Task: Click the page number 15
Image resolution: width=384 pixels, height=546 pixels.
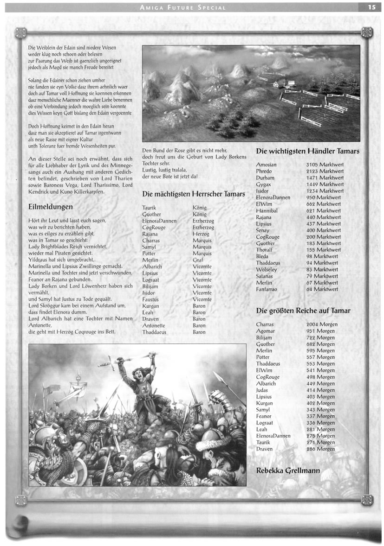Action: [x=371, y=7]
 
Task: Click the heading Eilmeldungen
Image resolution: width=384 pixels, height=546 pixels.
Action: [x=50, y=207]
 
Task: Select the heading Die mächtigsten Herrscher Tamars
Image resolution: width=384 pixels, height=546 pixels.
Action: [x=194, y=194]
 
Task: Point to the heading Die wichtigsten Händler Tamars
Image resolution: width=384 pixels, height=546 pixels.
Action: [x=308, y=151]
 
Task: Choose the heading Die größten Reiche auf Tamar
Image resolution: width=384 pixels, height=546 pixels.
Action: [x=303, y=311]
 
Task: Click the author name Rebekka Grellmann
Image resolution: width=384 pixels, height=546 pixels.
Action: [x=288, y=470]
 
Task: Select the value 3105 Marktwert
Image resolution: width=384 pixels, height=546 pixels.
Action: [x=325, y=165]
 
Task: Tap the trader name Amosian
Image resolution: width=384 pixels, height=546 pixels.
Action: [x=266, y=165]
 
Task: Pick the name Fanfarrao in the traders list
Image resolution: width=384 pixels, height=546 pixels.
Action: [x=267, y=289]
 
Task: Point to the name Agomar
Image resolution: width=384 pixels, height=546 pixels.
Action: [x=266, y=331]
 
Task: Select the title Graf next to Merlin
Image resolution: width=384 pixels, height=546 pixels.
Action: [x=197, y=260]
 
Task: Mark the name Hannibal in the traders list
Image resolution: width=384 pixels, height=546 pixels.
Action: [x=267, y=210]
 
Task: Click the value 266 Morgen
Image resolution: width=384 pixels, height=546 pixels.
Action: [x=320, y=449]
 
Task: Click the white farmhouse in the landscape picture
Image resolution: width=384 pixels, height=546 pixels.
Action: [x=282, y=83]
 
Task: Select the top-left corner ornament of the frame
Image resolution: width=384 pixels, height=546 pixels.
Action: [x=20, y=32]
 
